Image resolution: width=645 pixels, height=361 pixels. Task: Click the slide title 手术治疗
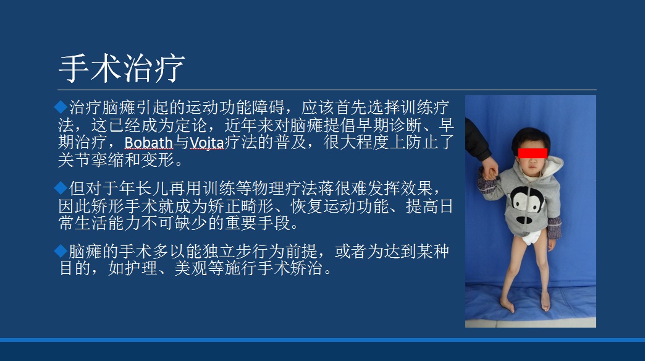point(122,69)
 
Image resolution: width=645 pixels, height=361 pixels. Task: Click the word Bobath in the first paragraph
point(148,142)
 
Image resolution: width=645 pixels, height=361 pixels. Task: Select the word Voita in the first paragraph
point(207,142)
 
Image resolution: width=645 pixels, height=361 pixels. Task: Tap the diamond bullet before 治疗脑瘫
point(61,107)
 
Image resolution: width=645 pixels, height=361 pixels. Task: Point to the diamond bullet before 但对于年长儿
point(61,188)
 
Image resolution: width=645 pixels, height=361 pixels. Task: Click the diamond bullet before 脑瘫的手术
point(61,251)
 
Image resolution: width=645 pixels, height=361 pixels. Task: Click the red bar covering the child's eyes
point(533,153)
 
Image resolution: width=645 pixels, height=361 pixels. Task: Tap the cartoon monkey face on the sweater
point(527,204)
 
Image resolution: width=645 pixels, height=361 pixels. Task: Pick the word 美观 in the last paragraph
point(190,268)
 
